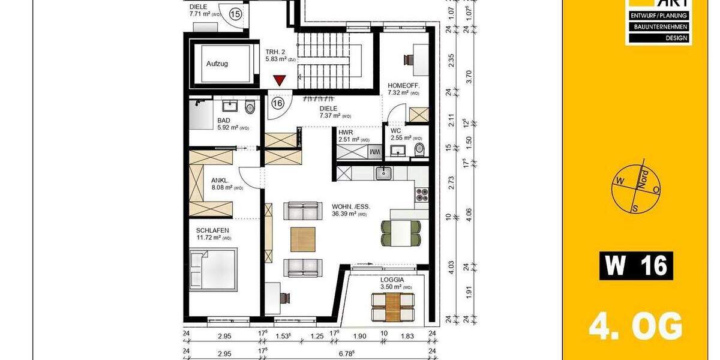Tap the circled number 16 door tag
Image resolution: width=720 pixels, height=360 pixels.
click(x=277, y=103)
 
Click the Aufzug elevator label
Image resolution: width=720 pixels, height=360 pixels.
click(x=217, y=63)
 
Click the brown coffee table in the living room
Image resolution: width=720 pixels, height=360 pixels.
click(x=302, y=239)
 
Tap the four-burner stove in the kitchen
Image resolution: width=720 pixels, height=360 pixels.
click(x=422, y=194)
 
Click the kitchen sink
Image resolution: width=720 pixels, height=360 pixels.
click(x=383, y=173)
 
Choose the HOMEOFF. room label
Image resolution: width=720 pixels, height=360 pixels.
click(x=403, y=86)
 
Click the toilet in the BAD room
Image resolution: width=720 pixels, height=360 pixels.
click(x=250, y=107)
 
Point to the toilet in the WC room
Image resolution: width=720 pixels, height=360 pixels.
click(x=419, y=148)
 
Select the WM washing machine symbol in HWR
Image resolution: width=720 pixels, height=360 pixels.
click(x=374, y=152)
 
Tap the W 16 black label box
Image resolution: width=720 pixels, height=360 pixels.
click(x=636, y=266)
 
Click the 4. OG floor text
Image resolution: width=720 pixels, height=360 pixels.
click(x=635, y=328)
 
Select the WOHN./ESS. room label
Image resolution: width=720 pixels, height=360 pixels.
click(x=351, y=206)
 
